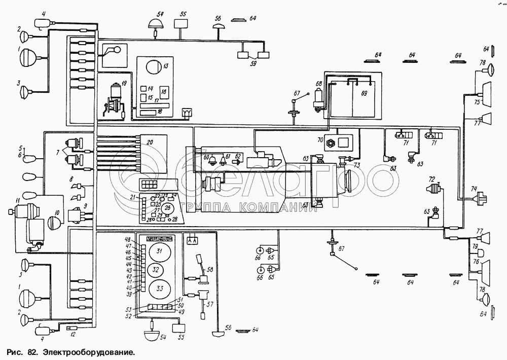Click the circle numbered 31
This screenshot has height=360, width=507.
click(x=159, y=251)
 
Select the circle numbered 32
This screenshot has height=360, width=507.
click(x=157, y=269)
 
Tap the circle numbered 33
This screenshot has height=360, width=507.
click(x=159, y=289)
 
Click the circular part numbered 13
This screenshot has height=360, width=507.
click(x=153, y=66)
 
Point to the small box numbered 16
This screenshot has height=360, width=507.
click(x=164, y=92)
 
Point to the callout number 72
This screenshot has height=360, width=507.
click(x=431, y=179)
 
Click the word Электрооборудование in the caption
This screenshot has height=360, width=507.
click(x=89, y=350)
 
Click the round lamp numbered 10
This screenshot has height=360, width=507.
click(x=54, y=222)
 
